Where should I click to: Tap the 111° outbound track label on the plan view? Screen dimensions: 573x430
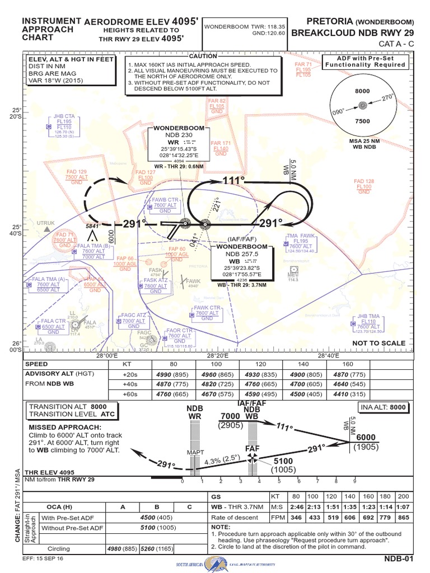pyautogui.click(x=233, y=181)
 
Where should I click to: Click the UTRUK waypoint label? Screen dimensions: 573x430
pyautogui.click(x=46, y=223)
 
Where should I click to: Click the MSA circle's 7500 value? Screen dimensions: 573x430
pyautogui.click(x=362, y=121)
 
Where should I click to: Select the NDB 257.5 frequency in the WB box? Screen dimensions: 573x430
pyautogui.click(x=241, y=254)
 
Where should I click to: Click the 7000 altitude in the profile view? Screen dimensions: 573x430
pyautogui.click(x=230, y=417)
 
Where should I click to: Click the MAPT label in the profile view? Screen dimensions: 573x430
pyautogui.click(x=193, y=452)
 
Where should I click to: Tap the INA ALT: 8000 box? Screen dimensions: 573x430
pyautogui.click(x=383, y=408)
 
